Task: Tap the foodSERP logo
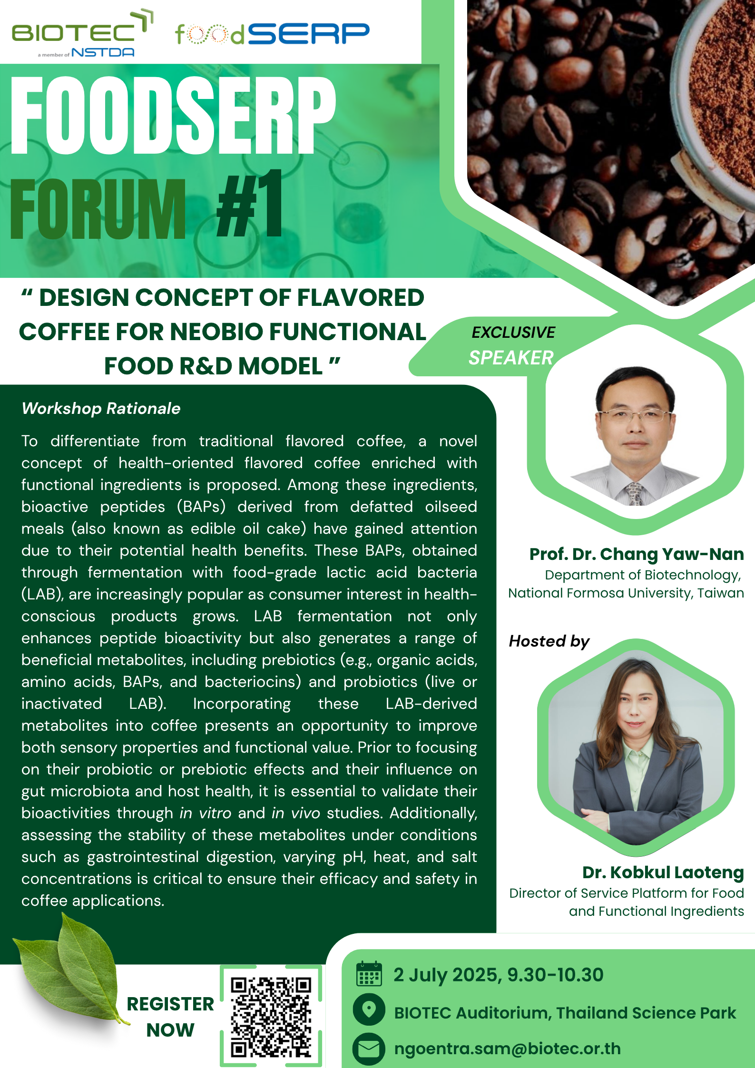point(272,34)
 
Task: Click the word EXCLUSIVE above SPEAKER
point(513,332)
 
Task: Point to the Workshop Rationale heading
point(101,408)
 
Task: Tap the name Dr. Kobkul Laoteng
point(663,872)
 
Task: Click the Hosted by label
point(549,641)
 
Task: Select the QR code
point(271,1016)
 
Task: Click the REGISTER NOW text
point(170,1017)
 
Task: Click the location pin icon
point(369,1009)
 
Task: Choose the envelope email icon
point(369,1048)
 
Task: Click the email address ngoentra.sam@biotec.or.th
point(508,1048)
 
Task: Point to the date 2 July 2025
point(446,975)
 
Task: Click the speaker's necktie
point(635,494)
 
